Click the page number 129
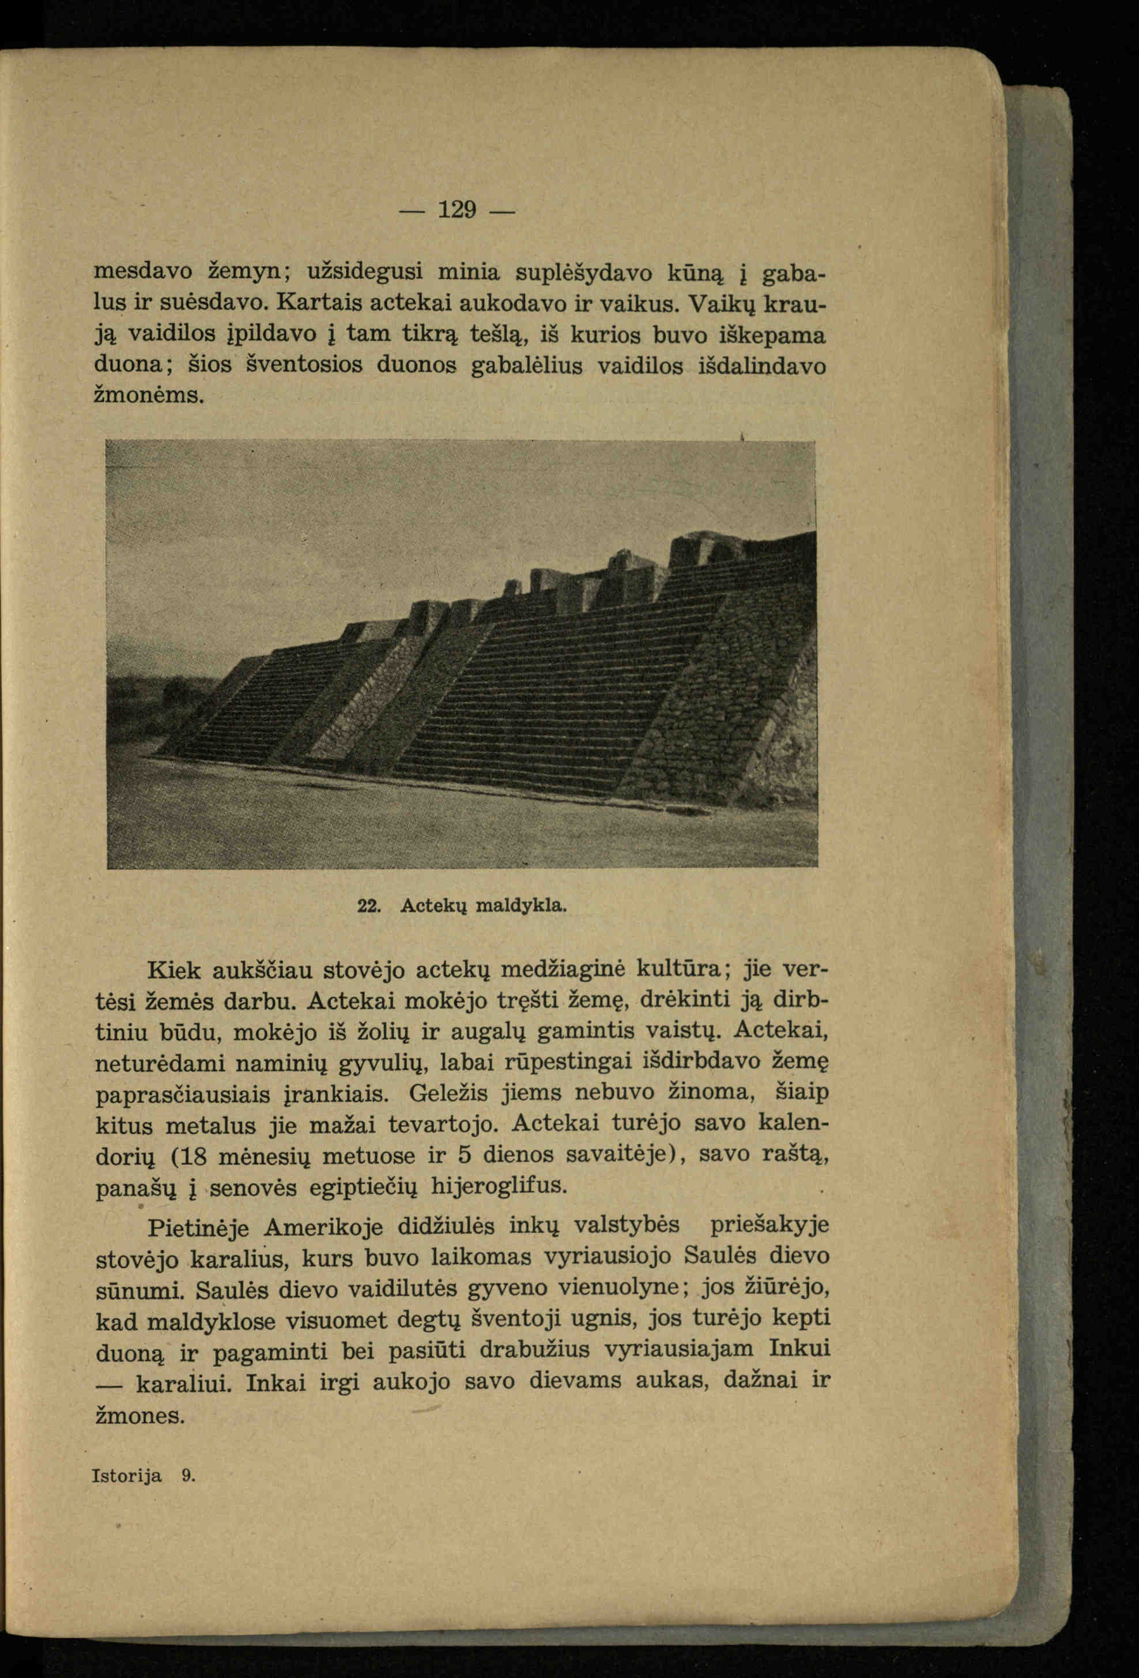(458, 210)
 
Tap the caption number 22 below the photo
(369, 906)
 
